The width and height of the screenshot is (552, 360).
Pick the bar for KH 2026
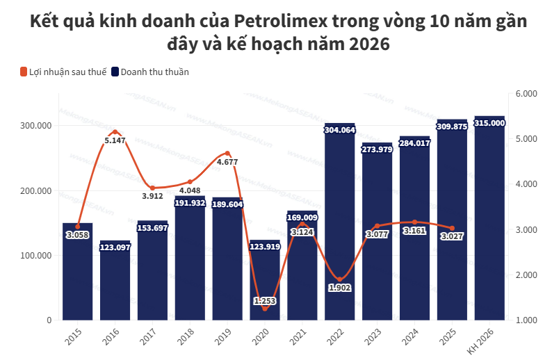[x=489, y=222]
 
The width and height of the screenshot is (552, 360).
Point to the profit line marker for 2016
[x=115, y=132]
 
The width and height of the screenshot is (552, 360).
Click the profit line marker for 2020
[x=265, y=309]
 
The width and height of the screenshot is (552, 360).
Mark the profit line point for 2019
[x=227, y=154]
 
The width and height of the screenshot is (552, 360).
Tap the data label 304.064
[x=339, y=130]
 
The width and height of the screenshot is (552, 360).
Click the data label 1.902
[x=339, y=287]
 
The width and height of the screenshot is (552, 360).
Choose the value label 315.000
[x=489, y=123]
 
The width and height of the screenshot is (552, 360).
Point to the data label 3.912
[x=152, y=196]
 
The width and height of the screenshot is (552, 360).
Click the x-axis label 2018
[x=186, y=338]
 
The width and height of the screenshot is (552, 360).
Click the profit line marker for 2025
[x=452, y=228]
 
